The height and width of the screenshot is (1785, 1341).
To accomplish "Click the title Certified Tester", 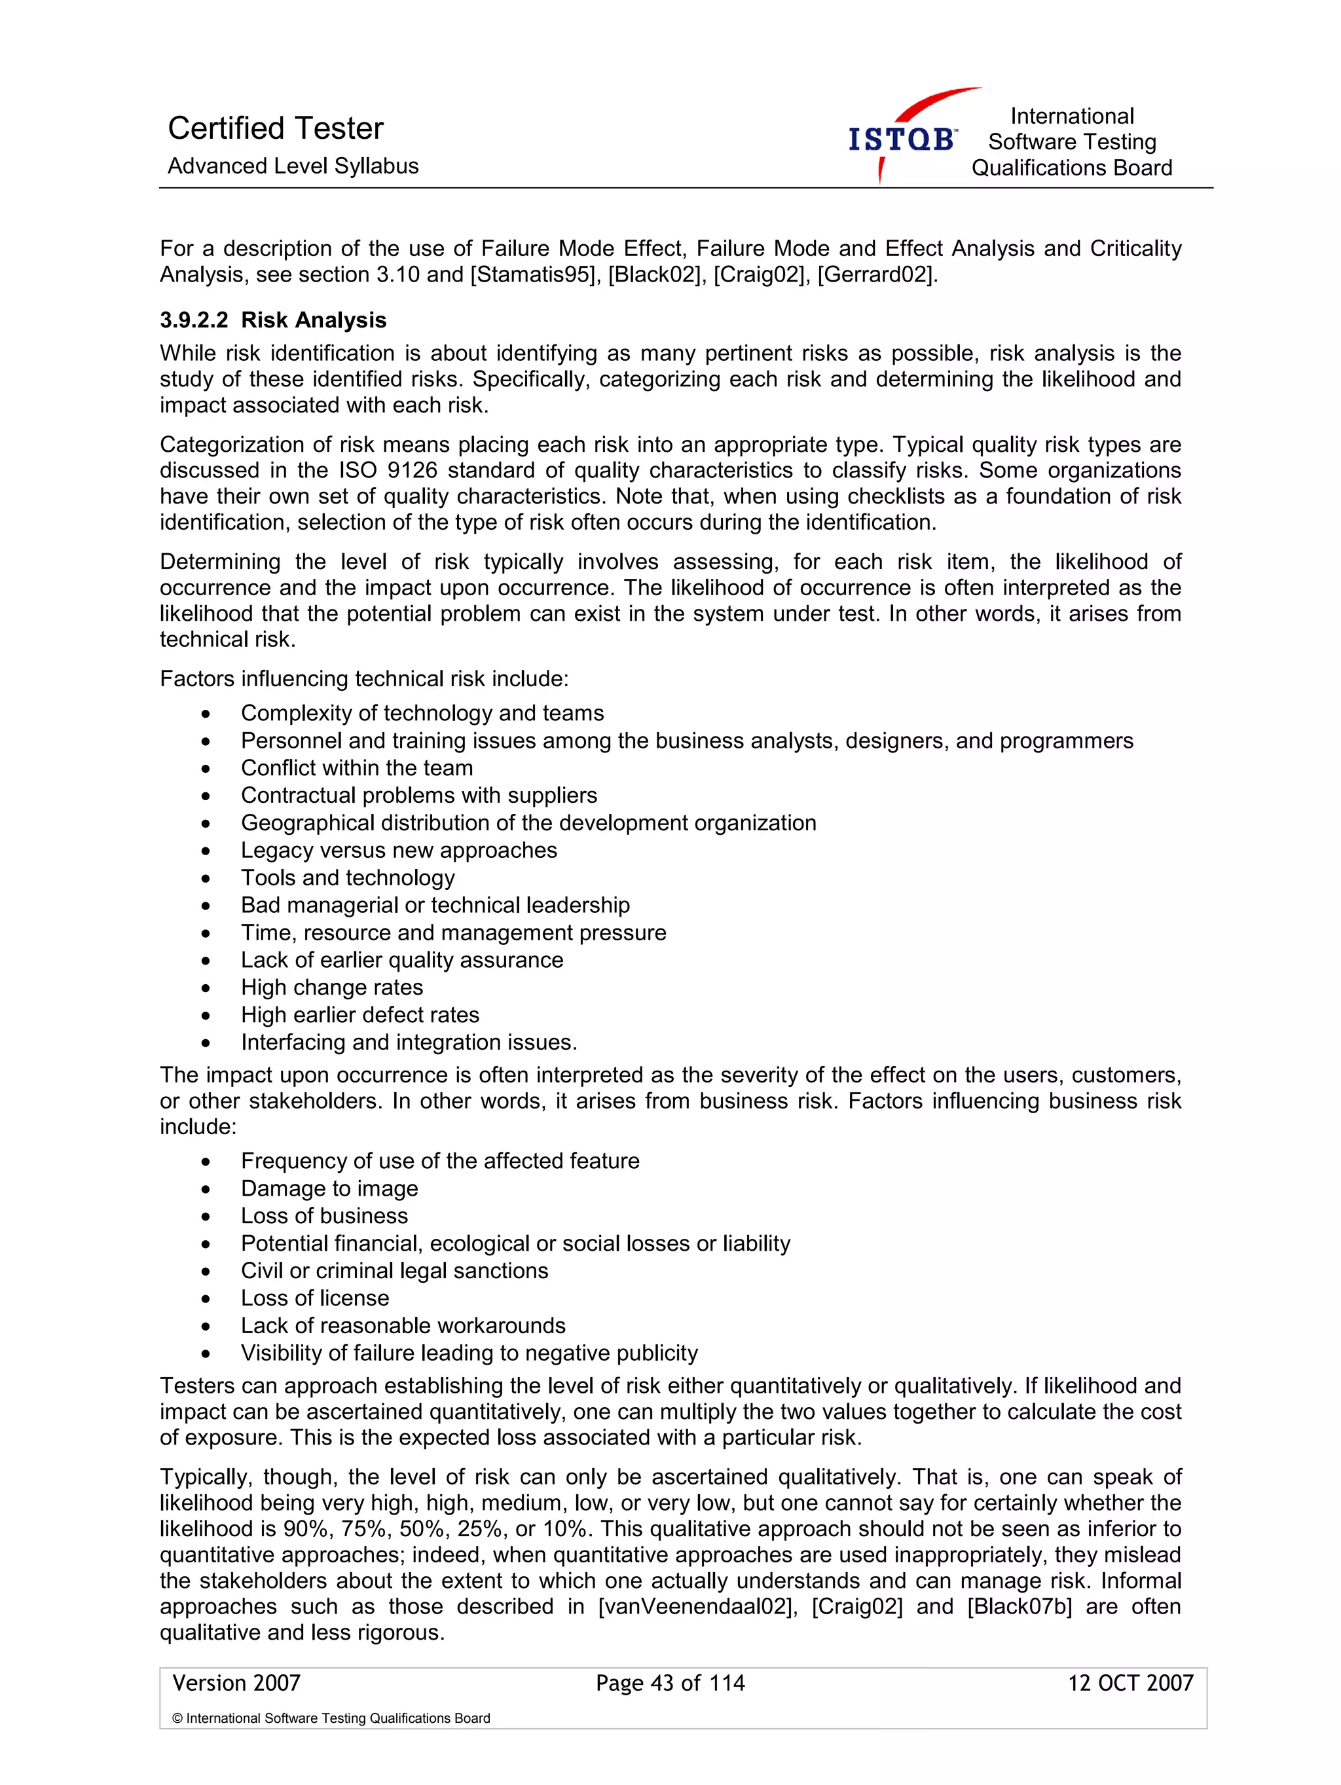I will (275, 128).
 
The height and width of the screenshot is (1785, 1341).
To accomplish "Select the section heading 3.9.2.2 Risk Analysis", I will (273, 320).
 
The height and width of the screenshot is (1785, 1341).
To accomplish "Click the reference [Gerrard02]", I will (877, 274).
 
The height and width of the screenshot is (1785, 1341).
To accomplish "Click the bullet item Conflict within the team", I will (357, 767).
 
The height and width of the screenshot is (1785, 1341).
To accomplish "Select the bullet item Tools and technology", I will (348, 877).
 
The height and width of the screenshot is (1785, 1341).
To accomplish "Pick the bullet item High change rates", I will (331, 987).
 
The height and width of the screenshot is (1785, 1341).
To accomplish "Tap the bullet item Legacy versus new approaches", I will (399, 850).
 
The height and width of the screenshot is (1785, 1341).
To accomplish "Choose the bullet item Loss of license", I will (315, 1298).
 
